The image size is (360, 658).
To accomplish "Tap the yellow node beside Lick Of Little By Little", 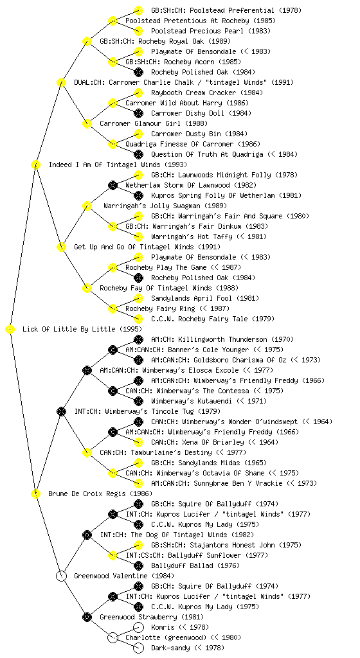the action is coord(10,330).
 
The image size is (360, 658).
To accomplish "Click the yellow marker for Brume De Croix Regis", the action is coord(35,493).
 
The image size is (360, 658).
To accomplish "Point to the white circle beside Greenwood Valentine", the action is coord(61,576).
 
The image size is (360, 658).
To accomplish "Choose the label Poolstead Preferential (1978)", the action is coord(226,10).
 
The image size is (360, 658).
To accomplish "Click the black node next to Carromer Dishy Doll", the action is coord(138,113).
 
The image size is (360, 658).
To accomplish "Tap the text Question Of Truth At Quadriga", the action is coord(207,154).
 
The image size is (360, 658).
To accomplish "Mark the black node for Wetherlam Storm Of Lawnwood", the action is coord(113,185).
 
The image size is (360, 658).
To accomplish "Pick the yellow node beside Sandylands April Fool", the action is coord(138,298).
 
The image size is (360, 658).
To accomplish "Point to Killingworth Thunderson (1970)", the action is coord(222,339).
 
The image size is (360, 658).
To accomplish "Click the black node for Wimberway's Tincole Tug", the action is coord(61,411).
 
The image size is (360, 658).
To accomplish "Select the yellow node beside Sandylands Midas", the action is coord(138,463).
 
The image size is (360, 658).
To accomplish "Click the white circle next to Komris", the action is coord(138,627).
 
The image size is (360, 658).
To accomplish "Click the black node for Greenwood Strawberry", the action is coord(87,617).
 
